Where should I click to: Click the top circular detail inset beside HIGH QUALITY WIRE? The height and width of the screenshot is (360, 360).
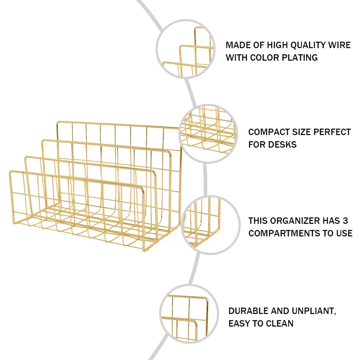click(x=185, y=49)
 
